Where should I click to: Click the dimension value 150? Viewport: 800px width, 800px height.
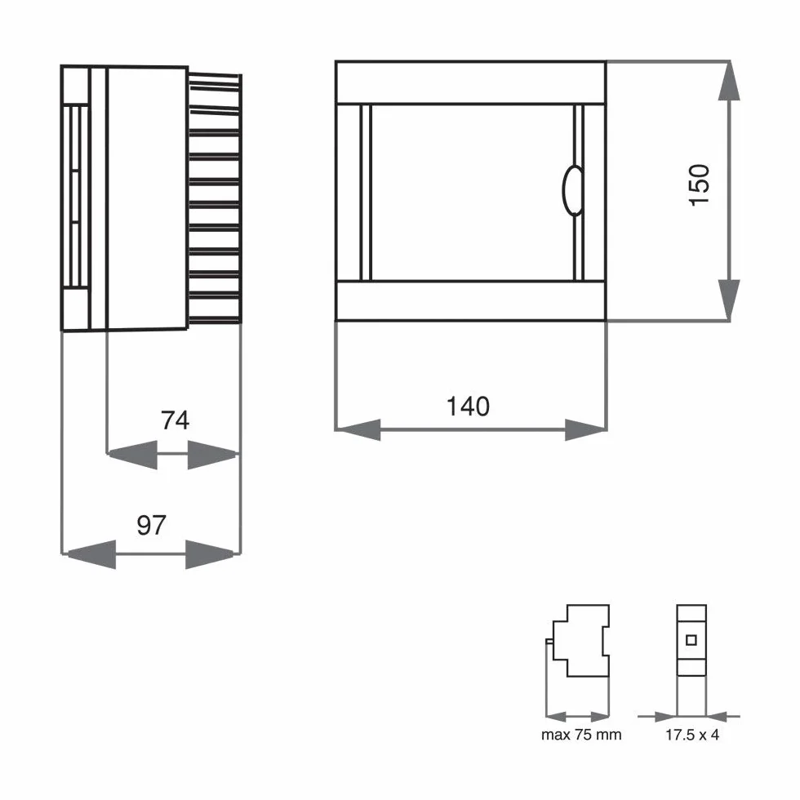(699, 184)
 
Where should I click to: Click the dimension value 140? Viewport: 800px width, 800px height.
(468, 407)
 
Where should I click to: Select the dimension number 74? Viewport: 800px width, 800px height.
(175, 420)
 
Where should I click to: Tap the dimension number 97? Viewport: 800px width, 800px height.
(152, 525)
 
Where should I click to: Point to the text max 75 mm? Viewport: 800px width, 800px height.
(581, 735)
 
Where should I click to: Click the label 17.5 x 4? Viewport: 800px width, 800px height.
(692, 735)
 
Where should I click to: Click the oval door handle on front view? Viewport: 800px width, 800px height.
(573, 191)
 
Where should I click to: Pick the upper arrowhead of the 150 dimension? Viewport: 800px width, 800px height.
(729, 81)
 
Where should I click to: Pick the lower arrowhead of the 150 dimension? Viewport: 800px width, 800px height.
(729, 300)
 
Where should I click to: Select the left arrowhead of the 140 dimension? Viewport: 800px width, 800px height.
(358, 429)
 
